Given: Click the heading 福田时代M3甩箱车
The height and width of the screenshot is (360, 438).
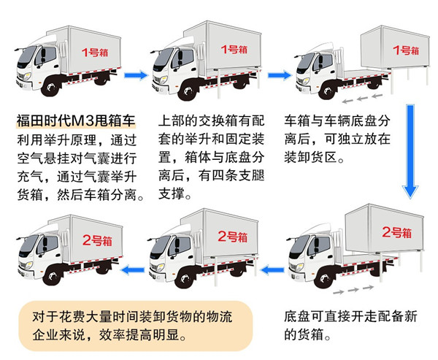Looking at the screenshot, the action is (x=76, y=120).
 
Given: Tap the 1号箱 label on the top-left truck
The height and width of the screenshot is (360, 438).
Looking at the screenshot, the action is (x=95, y=53).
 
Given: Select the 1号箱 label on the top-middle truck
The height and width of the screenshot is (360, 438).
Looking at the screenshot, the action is (x=234, y=50).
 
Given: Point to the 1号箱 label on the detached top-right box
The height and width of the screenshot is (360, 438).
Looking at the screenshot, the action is (x=406, y=50).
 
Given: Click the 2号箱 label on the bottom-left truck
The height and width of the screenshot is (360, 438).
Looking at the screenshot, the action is (x=97, y=240).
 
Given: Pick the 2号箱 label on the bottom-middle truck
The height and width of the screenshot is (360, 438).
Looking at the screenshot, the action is (x=233, y=237).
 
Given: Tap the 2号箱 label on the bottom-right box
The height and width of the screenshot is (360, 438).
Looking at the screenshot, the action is (x=396, y=232).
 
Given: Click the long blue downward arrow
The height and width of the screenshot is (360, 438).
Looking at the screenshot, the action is (x=410, y=151).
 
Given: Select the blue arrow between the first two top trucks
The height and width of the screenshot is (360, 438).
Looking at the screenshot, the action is (x=136, y=75).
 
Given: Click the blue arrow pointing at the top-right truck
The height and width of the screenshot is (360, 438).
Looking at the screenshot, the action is (x=280, y=75).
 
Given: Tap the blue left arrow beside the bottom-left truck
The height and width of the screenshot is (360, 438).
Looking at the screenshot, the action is (x=132, y=270).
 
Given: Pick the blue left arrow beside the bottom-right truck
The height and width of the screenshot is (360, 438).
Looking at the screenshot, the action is (x=272, y=270).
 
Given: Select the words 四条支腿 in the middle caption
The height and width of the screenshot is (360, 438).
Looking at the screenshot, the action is (x=238, y=175).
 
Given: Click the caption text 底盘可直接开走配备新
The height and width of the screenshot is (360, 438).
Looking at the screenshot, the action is (x=350, y=316).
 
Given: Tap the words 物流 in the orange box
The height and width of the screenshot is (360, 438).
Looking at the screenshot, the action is (x=219, y=317).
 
